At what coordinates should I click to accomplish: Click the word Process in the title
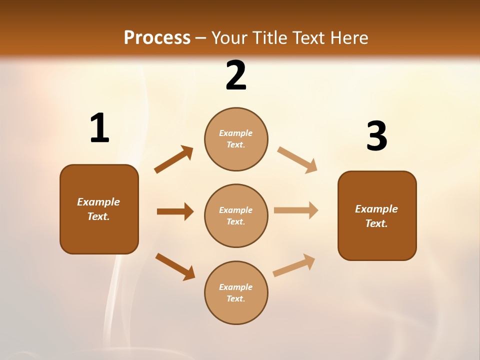coord(157,38)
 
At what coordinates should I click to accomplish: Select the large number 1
coord(99,128)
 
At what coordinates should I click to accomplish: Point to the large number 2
coord(236,76)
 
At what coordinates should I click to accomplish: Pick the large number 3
coord(376,136)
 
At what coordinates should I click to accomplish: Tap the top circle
coord(236,139)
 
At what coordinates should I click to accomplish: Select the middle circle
coord(236,216)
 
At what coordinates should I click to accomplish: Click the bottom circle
coord(236,293)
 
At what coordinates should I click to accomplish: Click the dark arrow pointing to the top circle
coord(173,160)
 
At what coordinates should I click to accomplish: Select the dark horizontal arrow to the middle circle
coord(175,211)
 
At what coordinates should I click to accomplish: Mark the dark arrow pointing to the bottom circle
coord(175,266)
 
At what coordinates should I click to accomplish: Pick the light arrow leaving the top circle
coord(297,159)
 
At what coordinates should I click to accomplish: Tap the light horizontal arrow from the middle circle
coord(296,210)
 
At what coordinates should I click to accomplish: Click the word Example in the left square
coord(98,202)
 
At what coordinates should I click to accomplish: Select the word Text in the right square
coord(376,223)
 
